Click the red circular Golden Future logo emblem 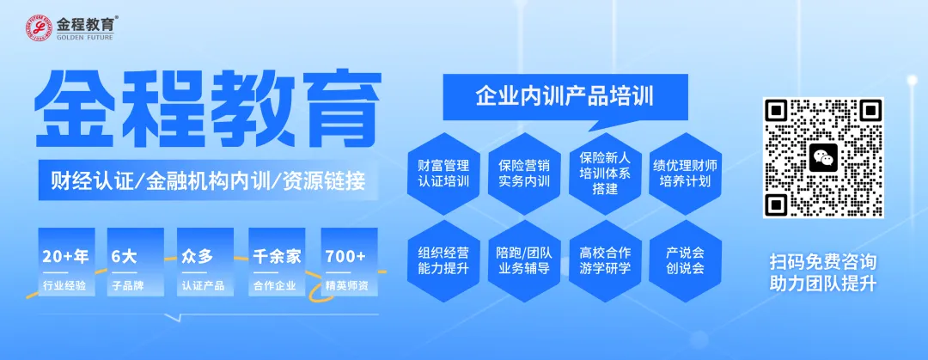(x=40, y=28)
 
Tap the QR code (x=823, y=157)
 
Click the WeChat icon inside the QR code (x=823, y=157)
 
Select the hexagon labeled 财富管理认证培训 (x=443, y=171)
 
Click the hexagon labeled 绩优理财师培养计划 (x=685, y=171)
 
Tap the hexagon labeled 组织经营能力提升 (x=443, y=259)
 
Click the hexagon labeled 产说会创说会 (x=685, y=259)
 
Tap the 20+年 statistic (x=65, y=256)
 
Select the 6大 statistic (x=125, y=256)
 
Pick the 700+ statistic (x=345, y=256)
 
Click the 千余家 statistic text (x=277, y=256)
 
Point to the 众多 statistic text (x=197, y=256)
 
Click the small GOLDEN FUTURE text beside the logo (x=83, y=38)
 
